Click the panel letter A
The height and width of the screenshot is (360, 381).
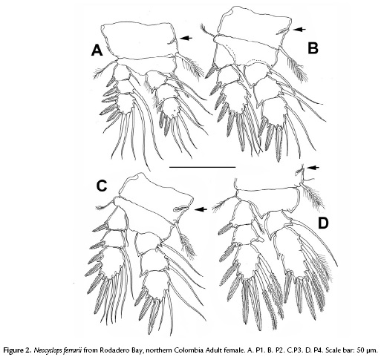tap(97, 50)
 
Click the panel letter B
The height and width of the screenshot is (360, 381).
tap(313, 48)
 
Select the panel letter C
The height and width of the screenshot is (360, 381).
tap(102, 186)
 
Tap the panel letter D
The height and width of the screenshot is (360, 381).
tap(323, 223)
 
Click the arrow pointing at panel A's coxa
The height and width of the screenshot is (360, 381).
tap(186, 38)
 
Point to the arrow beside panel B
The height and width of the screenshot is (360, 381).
tap(299, 30)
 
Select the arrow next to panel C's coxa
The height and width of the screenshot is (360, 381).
tap(201, 209)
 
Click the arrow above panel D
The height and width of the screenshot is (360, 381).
tap(313, 168)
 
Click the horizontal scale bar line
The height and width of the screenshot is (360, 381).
tap(203, 167)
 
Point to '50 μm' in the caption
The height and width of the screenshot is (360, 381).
tap(369, 350)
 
